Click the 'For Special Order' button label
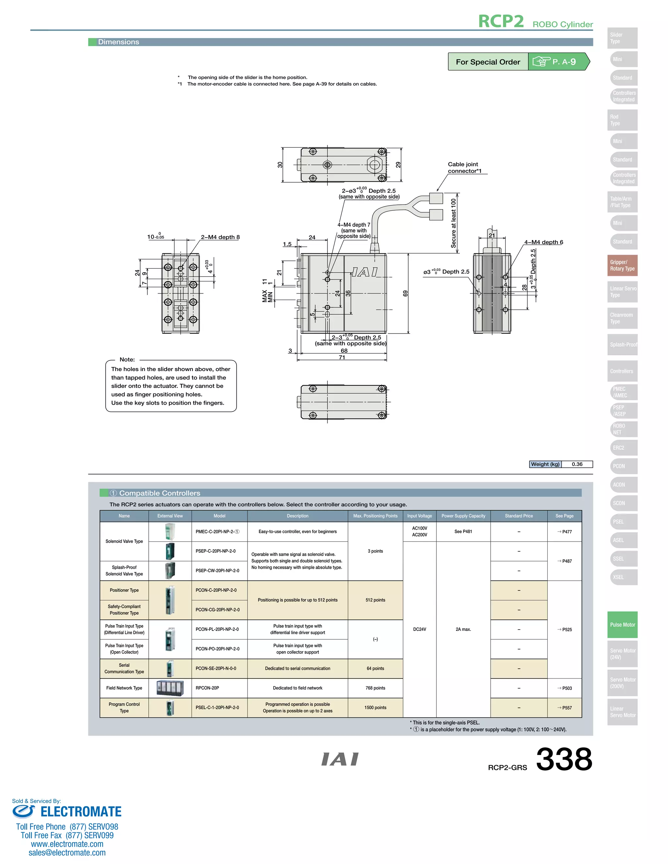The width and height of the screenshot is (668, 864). coord(488,62)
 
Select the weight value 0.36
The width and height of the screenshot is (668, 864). coord(577,464)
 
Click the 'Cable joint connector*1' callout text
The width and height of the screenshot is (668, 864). coord(464,167)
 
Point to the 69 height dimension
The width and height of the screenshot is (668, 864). coord(405,293)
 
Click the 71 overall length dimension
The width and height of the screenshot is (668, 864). coord(342,357)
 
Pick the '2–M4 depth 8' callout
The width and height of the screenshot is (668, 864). coord(220,237)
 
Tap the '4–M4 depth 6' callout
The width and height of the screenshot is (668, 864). coord(543,242)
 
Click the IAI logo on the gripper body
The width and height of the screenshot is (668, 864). coord(364,272)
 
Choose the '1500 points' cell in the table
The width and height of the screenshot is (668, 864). coord(375,708)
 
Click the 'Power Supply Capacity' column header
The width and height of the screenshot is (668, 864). coord(463,516)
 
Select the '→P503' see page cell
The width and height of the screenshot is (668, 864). coord(564,688)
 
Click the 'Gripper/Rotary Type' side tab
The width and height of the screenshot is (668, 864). coord(622,265)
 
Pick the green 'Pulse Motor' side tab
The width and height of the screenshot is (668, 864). coord(622,625)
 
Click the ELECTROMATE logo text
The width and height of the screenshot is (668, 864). coord(81,812)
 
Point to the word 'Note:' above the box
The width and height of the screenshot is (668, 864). coord(127,360)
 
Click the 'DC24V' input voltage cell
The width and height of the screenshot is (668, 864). coord(419,629)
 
